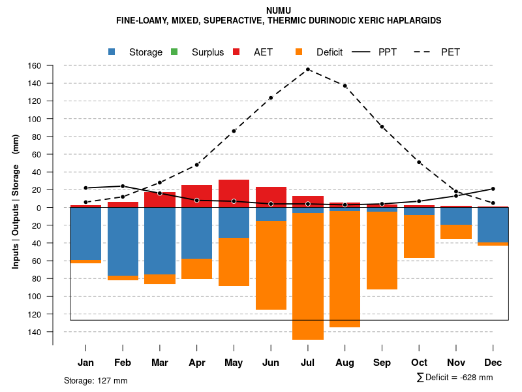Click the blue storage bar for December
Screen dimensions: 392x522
click(x=493, y=225)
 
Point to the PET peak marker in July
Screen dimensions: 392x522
click(x=308, y=69)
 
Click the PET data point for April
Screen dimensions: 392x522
click(x=197, y=165)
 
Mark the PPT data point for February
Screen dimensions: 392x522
click(x=123, y=186)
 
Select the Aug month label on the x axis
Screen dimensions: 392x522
click(x=345, y=363)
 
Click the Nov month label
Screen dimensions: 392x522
click(x=456, y=363)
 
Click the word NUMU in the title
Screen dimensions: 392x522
click(x=279, y=10)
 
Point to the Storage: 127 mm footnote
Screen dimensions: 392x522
click(x=96, y=380)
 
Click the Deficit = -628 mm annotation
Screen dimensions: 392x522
click(x=455, y=378)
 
